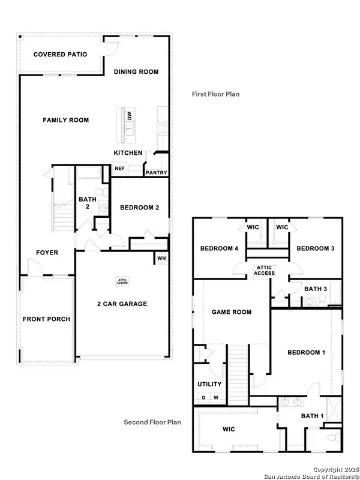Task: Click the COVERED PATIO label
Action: [x=60, y=55]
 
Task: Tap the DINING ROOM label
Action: [x=136, y=72]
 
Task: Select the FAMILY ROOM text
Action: [x=65, y=121]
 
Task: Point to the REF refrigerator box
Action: [x=119, y=169]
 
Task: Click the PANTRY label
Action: [x=155, y=173]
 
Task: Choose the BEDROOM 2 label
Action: [x=139, y=208]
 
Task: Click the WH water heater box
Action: [x=161, y=259]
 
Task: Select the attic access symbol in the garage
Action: [x=121, y=280]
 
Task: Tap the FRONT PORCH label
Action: [x=46, y=319]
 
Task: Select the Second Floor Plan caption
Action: [x=152, y=422]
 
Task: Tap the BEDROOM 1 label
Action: [x=305, y=353]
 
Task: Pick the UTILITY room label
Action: [x=209, y=384]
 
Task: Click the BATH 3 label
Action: [x=315, y=289]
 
